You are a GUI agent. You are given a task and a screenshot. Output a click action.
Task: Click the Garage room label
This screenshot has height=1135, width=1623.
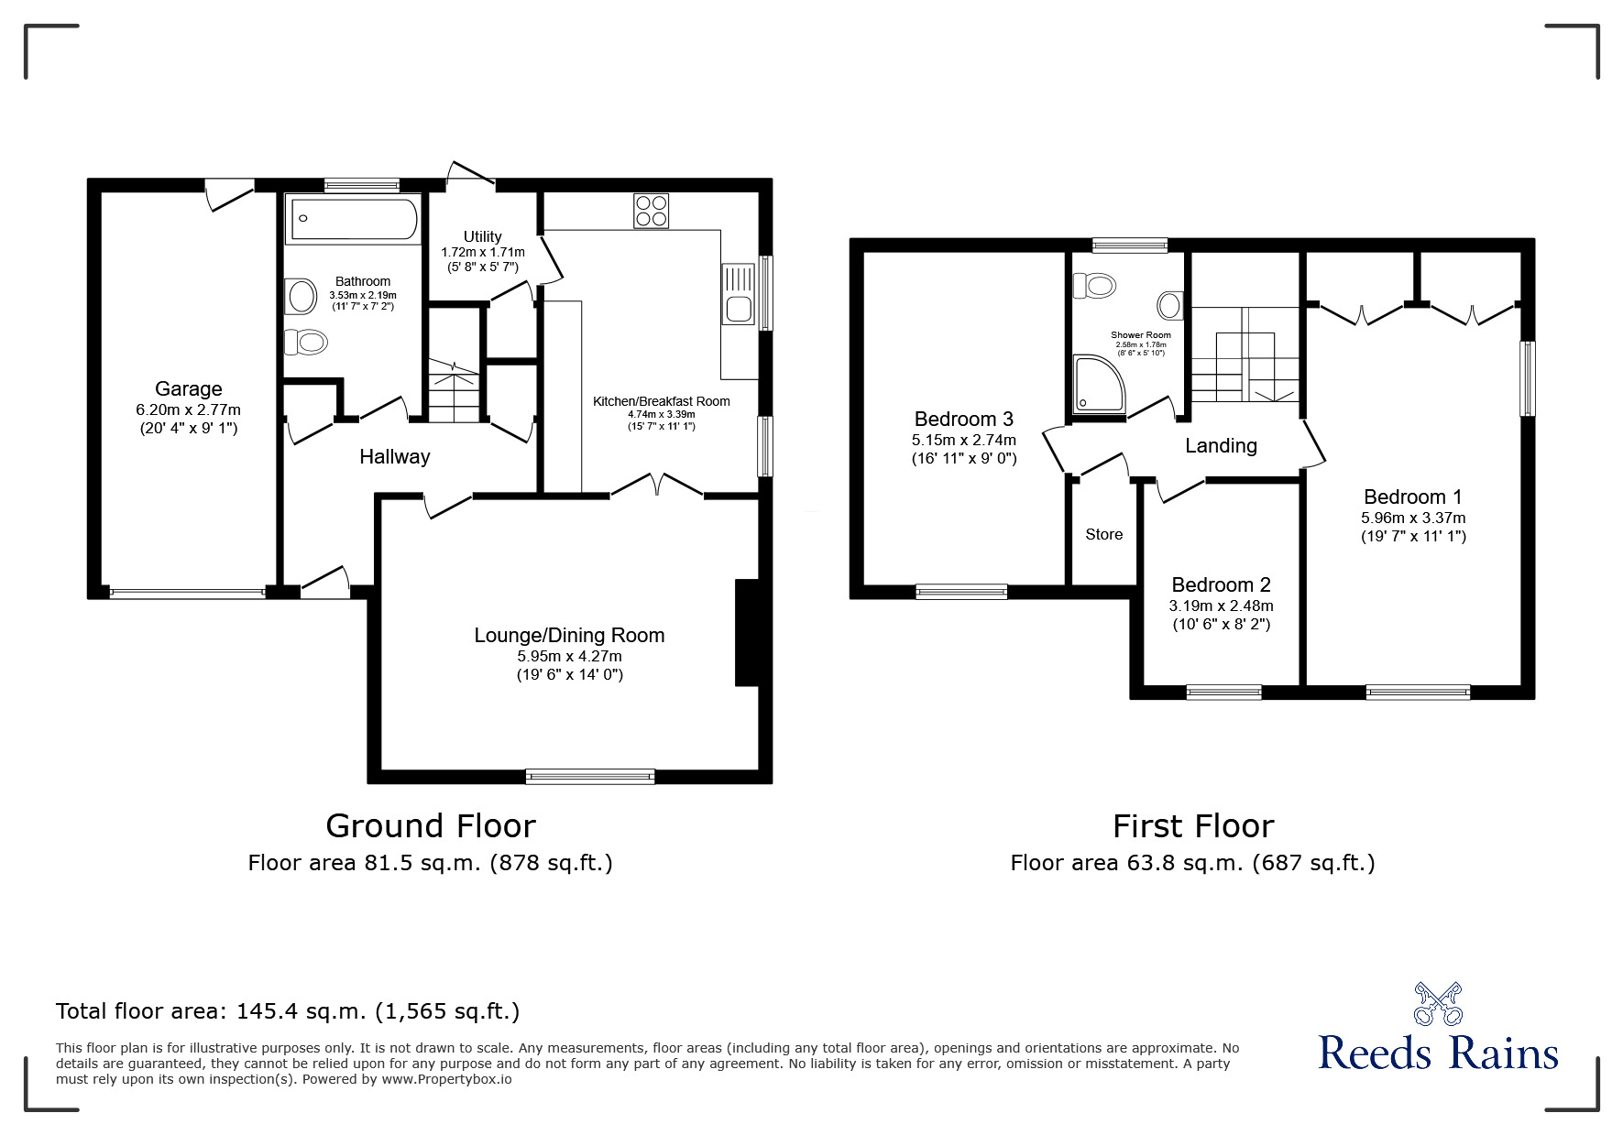point(188,389)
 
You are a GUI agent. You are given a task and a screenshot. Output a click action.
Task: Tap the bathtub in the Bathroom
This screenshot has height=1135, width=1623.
point(354,218)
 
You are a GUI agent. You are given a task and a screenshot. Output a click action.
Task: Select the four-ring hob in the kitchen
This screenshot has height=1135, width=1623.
point(651,211)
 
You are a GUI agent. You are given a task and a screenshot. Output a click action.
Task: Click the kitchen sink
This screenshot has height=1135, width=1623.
point(738,294)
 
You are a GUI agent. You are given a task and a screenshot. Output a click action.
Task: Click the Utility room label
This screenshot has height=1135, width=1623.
point(482,237)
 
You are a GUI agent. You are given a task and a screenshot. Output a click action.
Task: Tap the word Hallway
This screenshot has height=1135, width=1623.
point(394,457)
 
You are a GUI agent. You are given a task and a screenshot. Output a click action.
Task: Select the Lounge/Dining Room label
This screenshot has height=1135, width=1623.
point(569,636)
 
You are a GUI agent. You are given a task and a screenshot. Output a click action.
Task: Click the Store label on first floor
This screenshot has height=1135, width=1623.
point(1103,534)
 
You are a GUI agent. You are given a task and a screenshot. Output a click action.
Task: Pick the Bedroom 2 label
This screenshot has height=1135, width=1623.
point(1221,585)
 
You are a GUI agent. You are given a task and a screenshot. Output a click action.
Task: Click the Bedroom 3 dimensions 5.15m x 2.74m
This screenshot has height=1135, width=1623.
point(964,440)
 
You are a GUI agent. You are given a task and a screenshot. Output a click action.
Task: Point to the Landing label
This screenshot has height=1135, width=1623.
point(1221,446)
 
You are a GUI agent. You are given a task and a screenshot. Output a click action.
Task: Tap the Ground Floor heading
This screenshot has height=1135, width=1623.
point(431,826)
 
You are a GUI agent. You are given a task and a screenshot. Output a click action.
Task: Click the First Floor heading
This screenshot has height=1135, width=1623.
point(1193,826)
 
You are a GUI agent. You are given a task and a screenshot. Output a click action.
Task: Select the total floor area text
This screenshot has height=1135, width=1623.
point(288,1011)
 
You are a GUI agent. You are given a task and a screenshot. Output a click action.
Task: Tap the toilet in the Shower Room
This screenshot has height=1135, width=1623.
point(1095,286)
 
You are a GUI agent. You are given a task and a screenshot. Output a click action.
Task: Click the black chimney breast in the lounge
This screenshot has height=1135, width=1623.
point(747,632)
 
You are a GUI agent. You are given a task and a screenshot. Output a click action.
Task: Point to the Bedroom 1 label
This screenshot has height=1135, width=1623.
point(1412,497)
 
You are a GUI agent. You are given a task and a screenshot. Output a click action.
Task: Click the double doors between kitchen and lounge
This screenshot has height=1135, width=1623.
point(657,486)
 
